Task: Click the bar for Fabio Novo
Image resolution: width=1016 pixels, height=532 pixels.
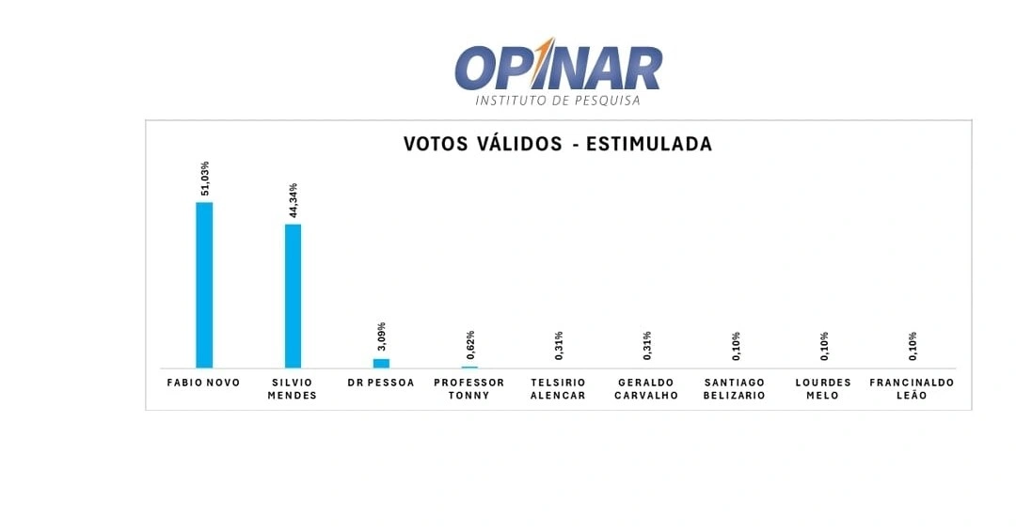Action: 204,284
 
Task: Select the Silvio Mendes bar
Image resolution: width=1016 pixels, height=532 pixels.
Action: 293,295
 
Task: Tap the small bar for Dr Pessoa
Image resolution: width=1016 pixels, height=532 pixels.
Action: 381,363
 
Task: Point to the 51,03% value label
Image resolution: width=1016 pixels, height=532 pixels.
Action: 205,179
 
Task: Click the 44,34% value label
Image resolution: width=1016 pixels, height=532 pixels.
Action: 294,200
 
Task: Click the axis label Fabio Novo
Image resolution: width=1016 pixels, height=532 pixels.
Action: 203,383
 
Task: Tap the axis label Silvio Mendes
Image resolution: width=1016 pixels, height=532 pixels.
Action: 293,389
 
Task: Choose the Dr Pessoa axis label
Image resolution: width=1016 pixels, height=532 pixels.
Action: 381,383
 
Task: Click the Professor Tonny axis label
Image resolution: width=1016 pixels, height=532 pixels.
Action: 469,389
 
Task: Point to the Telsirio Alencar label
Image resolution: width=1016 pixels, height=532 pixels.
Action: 558,389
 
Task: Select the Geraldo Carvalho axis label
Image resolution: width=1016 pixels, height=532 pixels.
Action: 646,389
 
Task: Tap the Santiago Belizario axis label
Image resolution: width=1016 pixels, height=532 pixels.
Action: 735,389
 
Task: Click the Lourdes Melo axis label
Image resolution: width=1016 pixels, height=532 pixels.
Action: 823,389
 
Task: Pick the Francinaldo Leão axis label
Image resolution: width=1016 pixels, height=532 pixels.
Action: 912,389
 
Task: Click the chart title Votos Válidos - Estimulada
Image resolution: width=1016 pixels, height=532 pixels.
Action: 558,144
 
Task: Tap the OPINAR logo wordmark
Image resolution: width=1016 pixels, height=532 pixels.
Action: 558,68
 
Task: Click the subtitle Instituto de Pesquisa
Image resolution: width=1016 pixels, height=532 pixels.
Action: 558,100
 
